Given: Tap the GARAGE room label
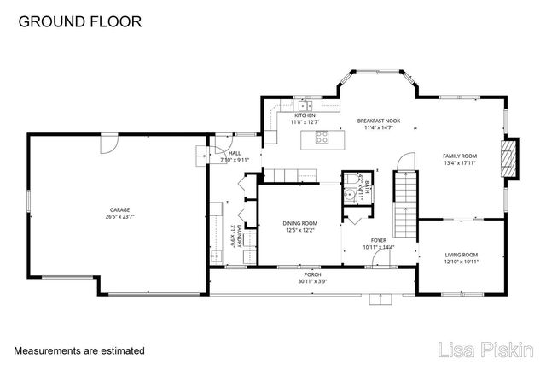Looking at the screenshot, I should coord(119,209).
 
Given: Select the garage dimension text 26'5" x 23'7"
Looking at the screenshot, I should coord(119,216).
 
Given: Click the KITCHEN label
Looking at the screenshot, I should coord(305,115).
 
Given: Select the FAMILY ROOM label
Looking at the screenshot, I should coord(459,156).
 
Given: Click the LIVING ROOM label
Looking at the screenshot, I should coord(462,254).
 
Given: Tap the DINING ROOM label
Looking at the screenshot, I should coord(299,223).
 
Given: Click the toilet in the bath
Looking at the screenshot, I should coord(350,180).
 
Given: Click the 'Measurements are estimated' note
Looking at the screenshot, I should coord(78,350).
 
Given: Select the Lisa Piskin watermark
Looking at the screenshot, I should coord(486,349).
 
